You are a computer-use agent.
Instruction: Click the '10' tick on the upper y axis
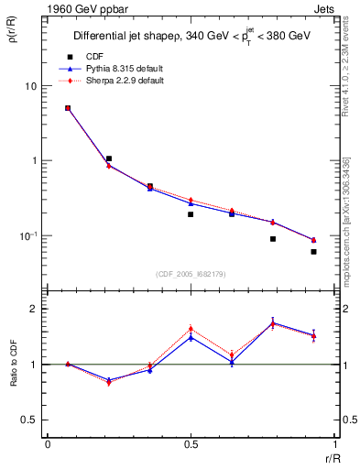click(30, 86)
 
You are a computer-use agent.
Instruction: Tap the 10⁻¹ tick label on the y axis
click(27, 235)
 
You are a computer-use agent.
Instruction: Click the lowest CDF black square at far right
click(313, 252)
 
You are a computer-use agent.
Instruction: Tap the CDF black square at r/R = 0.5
click(191, 214)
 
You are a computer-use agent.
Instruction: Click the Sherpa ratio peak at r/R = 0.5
click(191, 329)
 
